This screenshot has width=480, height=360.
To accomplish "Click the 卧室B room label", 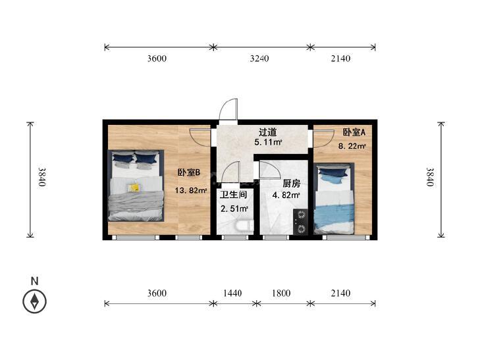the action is point(189,173).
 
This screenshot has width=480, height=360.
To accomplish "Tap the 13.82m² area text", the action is point(191,191).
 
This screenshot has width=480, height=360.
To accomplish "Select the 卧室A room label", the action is point(354,132).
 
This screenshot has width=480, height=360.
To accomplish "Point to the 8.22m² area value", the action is point(352,146).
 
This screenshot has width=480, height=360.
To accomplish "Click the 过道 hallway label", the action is point(267,132).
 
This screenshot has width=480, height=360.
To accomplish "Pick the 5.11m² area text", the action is point(268,142).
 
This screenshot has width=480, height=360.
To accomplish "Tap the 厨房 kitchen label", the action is point(292,184).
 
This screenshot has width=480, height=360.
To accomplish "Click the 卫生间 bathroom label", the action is point(233,195).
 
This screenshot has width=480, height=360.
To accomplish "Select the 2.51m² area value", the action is point(234,209).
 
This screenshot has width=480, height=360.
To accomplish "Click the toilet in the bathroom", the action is point(244,226).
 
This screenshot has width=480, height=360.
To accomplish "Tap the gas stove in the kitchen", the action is point(301,222).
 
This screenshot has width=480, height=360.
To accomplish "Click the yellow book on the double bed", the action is point(134,188).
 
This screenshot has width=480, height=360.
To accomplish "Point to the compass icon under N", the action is point(35,301).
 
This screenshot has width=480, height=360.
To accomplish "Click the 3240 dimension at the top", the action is point(259,59).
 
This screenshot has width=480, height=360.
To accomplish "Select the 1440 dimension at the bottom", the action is point(232,294).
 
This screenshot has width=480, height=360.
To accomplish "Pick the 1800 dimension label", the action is point(281,294).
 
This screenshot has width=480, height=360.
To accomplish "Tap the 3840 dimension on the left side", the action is point(42,177).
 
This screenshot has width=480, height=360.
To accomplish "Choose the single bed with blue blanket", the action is point(334,199).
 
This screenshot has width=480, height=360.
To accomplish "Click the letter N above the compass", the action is point(35,281).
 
